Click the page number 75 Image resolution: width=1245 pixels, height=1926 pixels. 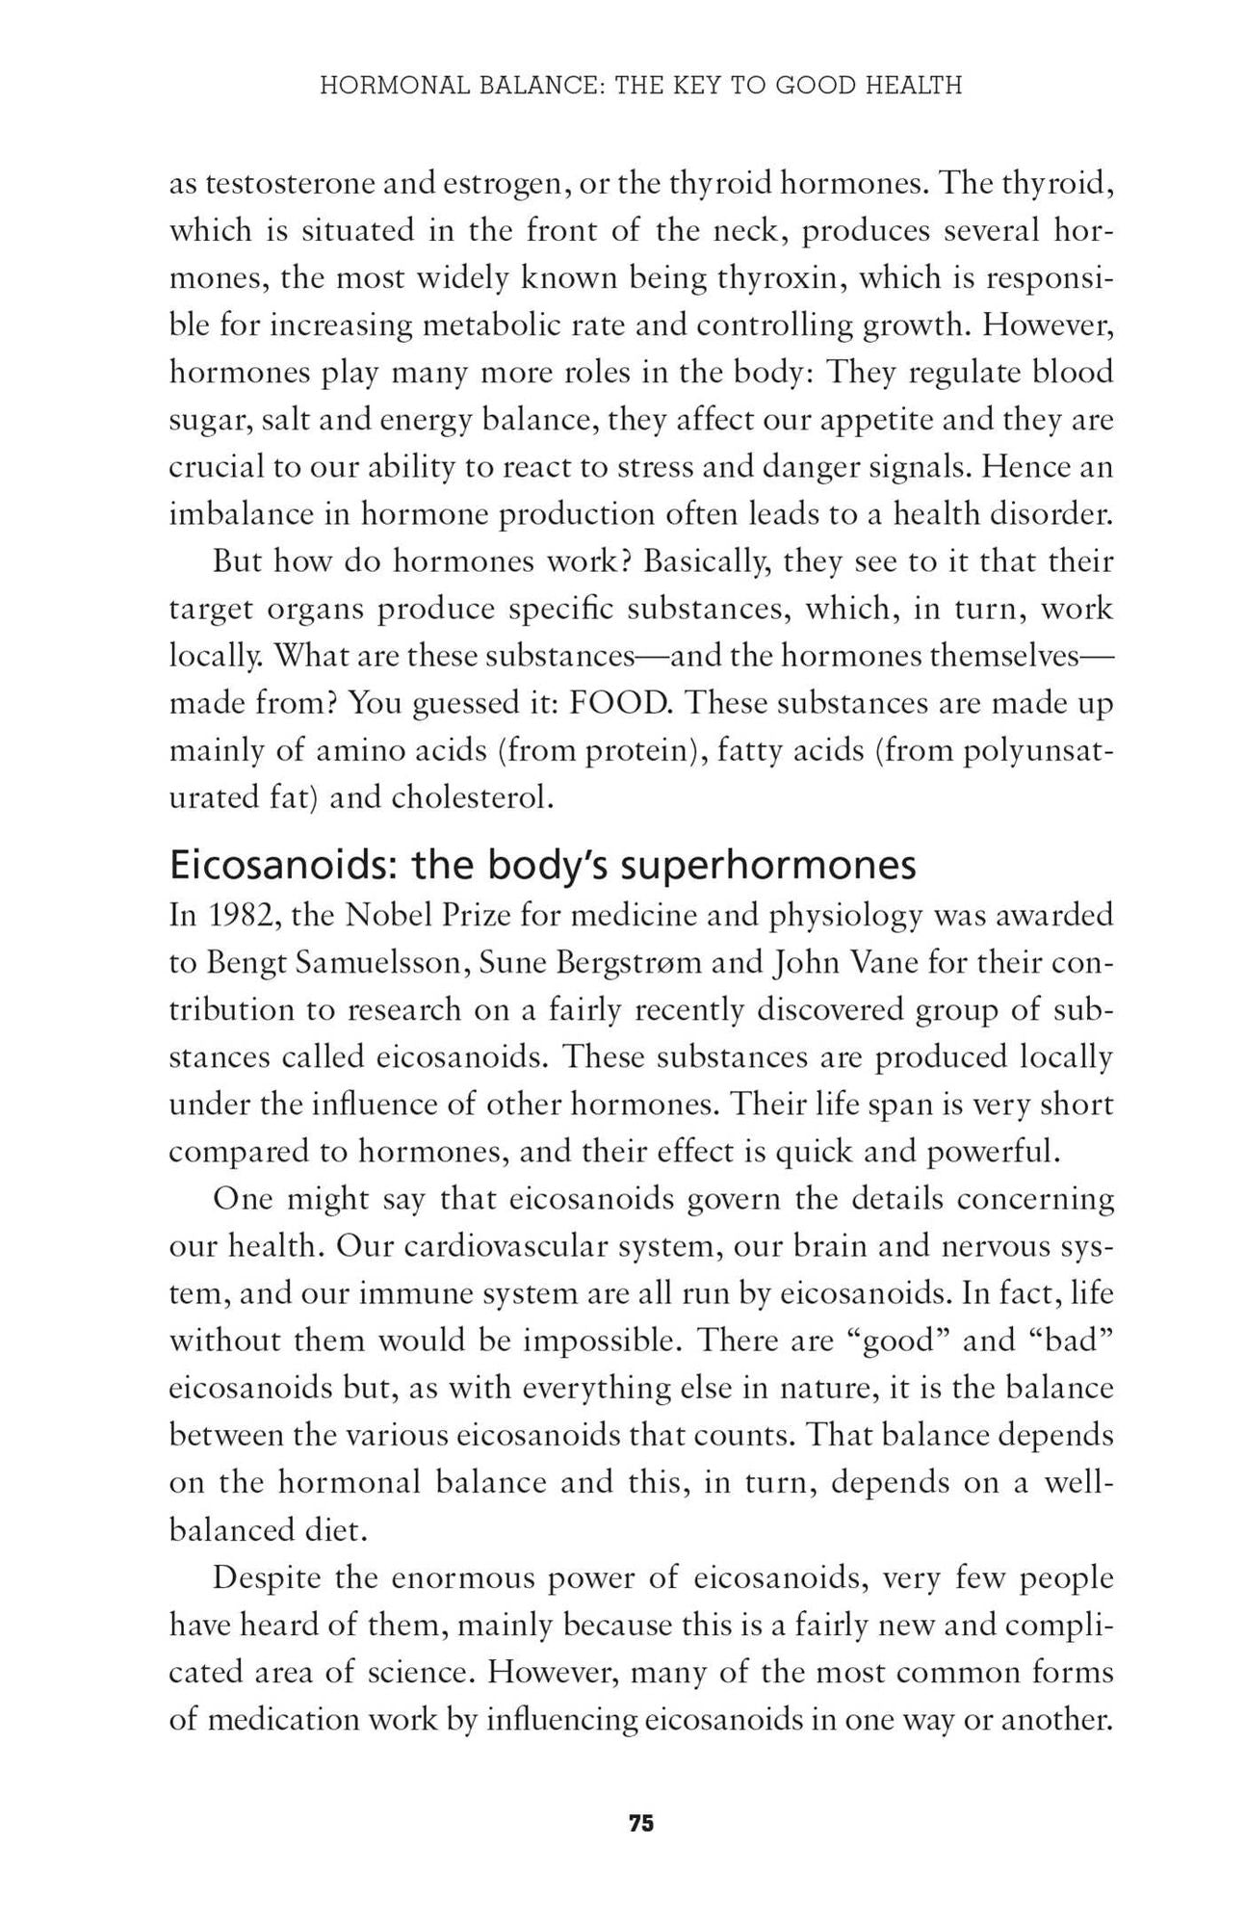pyautogui.click(x=641, y=1823)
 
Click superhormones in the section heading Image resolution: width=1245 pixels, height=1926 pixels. pyautogui.click(x=766, y=866)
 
